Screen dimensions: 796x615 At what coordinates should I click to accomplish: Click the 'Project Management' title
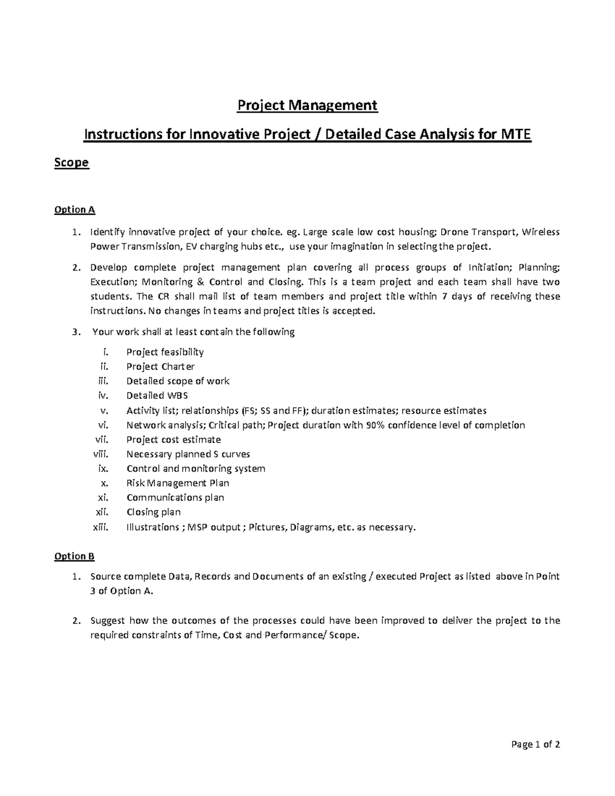coord(307,106)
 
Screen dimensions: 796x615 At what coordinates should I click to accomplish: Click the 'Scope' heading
coord(72,162)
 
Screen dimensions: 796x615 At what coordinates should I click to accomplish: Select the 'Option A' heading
coord(75,210)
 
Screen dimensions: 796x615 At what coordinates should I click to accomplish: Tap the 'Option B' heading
coord(74,556)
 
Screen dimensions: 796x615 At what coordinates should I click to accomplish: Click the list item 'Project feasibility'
coord(165,352)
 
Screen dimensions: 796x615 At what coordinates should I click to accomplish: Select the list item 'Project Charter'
coord(160,366)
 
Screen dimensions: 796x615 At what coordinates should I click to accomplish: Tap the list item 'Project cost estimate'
coord(174,440)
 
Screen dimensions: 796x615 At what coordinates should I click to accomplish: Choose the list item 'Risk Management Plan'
coord(178,483)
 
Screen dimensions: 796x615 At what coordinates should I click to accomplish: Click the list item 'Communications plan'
coord(175,498)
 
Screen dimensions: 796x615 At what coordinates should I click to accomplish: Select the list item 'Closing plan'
coord(154,512)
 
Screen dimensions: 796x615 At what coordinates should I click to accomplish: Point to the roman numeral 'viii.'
coord(101,454)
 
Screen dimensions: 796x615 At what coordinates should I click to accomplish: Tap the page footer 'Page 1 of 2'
coord(536,745)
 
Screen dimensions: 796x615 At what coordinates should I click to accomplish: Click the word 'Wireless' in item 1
coord(541,232)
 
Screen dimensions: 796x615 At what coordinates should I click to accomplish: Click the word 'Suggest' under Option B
coord(108,621)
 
